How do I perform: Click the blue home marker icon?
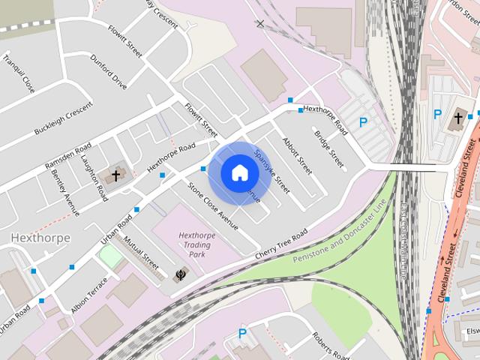click(x=239, y=172)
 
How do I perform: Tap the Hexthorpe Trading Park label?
click(x=196, y=244)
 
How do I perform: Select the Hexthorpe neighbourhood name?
click(x=40, y=238)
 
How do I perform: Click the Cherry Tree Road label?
click(x=282, y=245)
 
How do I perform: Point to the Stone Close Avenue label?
click(x=212, y=206)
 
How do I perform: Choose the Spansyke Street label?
click(x=271, y=171)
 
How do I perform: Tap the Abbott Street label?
click(x=296, y=155)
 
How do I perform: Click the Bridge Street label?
click(x=329, y=149)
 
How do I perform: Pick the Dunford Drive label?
click(x=109, y=71)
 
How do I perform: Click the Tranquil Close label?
click(x=19, y=73)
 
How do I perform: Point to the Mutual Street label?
click(x=141, y=253)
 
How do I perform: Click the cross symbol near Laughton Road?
click(x=116, y=176)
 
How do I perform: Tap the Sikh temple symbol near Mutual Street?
click(x=179, y=274)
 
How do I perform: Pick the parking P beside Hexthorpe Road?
click(x=364, y=121)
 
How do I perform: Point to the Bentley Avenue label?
click(x=65, y=191)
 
